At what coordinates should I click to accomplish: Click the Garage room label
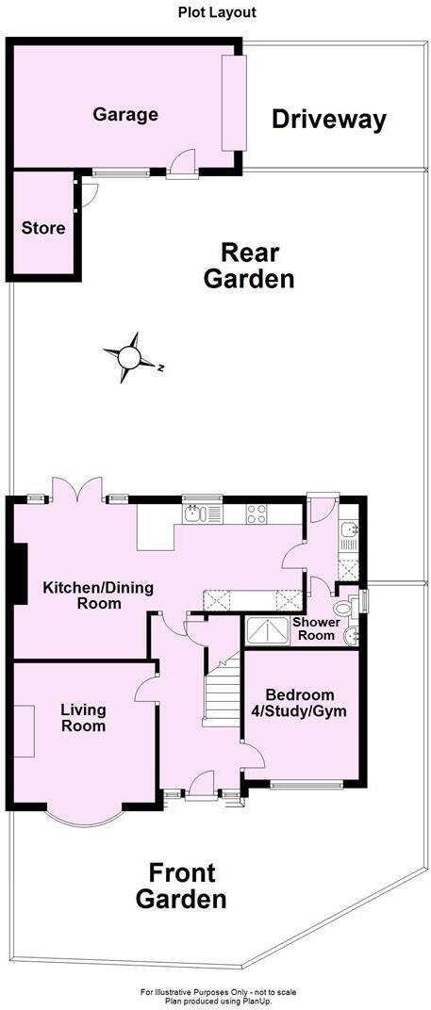[124, 115]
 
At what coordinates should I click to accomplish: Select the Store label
[43, 228]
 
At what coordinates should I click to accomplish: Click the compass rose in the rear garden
[128, 357]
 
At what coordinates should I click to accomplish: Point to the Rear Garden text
[250, 266]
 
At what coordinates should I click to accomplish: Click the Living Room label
[83, 718]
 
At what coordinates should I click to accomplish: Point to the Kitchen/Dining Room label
[83, 595]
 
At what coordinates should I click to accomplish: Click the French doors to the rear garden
[76, 489]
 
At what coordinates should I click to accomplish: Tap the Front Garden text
[181, 886]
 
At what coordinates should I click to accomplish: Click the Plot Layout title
[217, 12]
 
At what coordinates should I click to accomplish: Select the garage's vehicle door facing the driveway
[233, 102]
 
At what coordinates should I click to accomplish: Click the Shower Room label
[313, 629]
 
